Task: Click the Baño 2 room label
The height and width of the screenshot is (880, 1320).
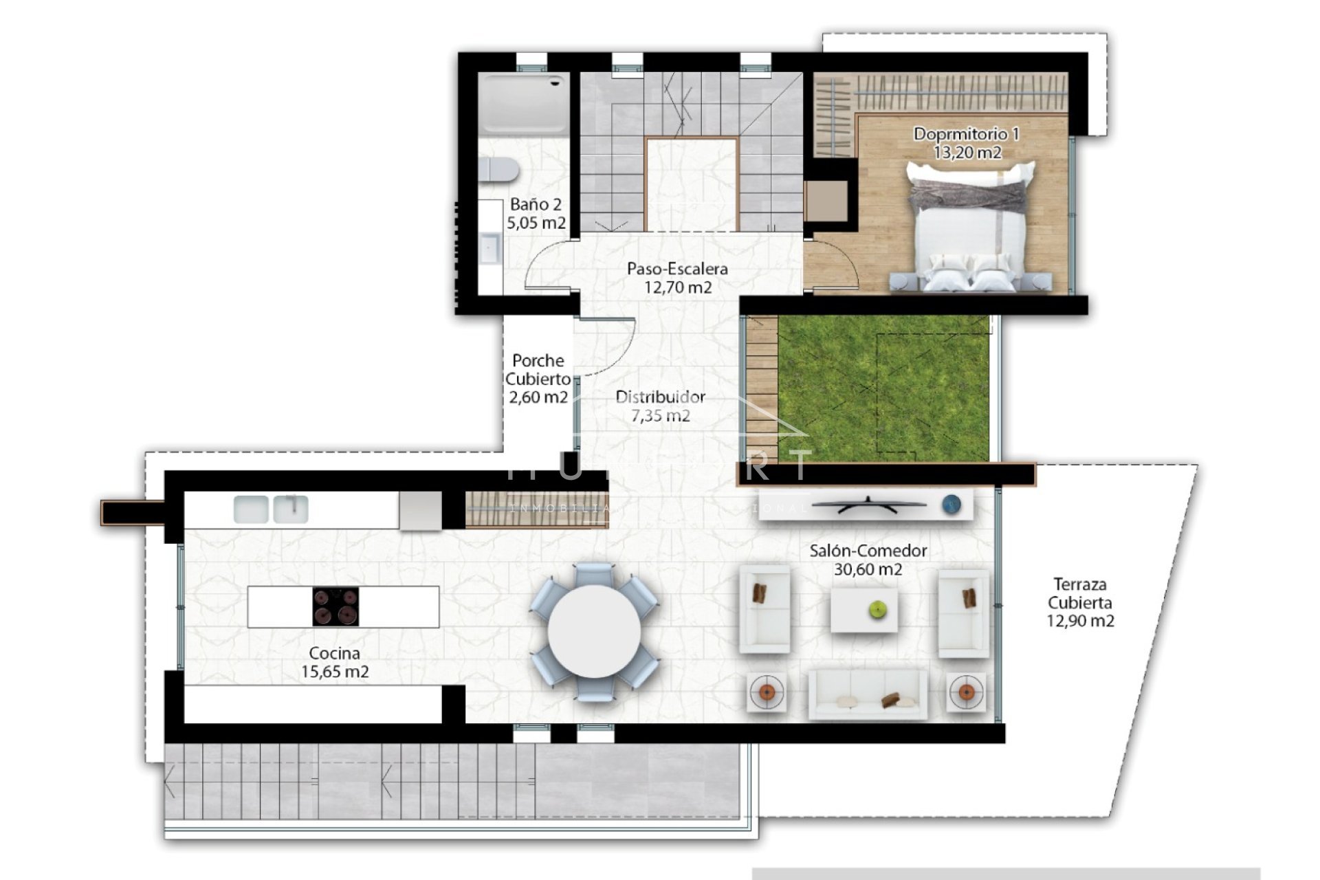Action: click(536, 204)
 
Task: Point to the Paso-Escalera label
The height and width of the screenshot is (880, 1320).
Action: click(677, 269)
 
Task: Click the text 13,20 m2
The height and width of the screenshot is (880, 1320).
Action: click(967, 153)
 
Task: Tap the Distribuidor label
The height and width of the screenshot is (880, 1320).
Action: click(660, 397)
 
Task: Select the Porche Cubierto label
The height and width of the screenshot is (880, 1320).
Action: click(538, 370)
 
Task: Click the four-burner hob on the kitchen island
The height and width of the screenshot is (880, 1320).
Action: click(335, 606)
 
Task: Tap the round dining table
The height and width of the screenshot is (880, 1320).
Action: click(595, 630)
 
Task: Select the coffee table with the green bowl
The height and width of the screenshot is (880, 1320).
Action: click(864, 610)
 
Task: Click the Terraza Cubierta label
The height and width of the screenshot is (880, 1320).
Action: click(1080, 593)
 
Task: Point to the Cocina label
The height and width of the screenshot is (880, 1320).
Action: click(334, 653)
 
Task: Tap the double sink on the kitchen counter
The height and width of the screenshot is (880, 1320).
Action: click(271, 509)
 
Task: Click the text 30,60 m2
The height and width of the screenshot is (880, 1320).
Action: click(868, 569)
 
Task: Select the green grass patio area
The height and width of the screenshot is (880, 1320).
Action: click(883, 388)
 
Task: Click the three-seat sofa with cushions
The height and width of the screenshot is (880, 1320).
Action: click(868, 694)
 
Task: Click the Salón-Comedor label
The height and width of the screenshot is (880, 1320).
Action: click(868, 551)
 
